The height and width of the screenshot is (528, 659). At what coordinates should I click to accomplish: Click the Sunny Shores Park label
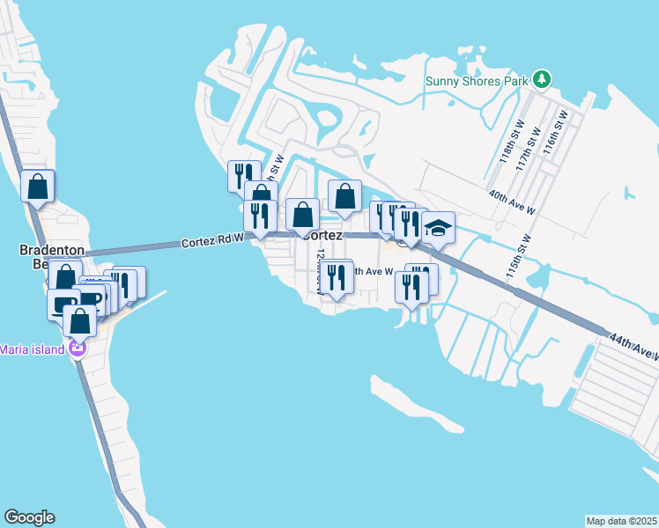tap(477, 81)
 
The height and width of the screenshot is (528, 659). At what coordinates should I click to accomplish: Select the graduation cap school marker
tap(438, 229)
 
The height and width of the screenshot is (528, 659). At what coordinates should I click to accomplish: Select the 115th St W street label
tap(518, 256)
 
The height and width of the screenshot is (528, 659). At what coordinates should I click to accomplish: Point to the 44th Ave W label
tap(632, 346)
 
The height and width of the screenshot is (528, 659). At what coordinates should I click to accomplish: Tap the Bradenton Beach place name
tap(51, 258)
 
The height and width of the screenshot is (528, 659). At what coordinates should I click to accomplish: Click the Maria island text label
tap(33, 349)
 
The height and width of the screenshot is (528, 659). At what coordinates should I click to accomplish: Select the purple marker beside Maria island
tap(78, 349)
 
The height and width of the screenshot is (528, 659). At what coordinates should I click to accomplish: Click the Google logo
tap(29, 517)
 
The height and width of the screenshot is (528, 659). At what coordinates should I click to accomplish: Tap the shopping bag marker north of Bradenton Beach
tap(38, 187)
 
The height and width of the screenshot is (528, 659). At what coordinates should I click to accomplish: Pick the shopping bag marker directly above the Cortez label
tap(345, 196)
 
